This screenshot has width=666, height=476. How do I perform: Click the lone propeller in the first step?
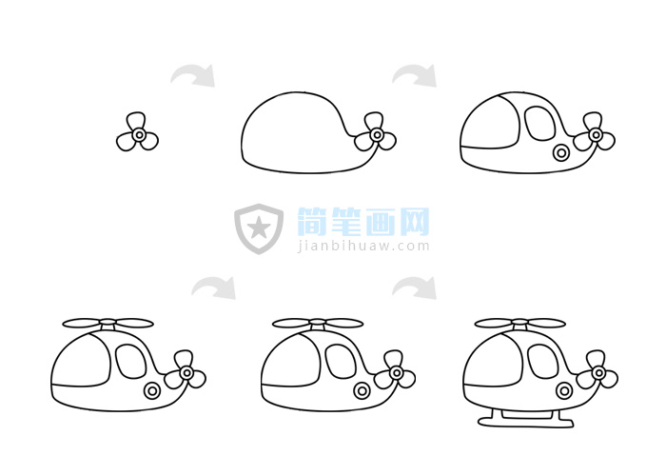coord(138,136)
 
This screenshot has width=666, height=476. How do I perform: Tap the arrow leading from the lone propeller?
coord(193,75)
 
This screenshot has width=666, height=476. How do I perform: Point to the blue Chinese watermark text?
coord(363,222)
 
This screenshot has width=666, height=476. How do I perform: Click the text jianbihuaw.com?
coord(363,246)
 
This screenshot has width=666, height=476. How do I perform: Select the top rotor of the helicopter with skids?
coord(519,324)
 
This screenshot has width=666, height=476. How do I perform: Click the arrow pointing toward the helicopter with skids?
coord(416,287)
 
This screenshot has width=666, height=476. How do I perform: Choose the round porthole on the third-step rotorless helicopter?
coord(561,152)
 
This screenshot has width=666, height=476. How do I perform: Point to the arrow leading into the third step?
coord(415,75)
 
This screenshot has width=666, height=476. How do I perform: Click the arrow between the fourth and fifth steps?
coord(213,287)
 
